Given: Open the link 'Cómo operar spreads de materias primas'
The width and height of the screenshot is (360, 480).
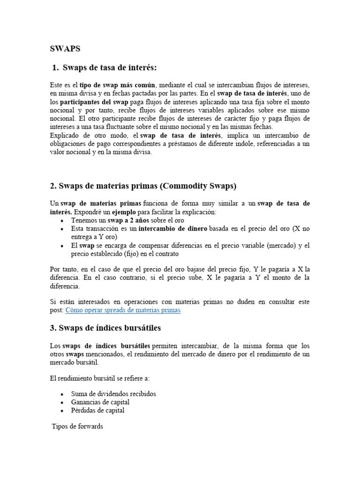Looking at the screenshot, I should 123,310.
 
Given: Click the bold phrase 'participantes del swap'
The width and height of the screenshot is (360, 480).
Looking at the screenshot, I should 94,102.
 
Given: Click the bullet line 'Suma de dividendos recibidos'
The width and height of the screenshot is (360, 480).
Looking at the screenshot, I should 113,394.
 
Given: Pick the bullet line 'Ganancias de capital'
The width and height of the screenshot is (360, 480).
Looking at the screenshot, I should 100,402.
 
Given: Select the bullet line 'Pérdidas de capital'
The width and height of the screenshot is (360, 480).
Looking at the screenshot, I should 97,411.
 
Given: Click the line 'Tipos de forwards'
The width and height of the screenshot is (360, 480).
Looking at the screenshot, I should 77,427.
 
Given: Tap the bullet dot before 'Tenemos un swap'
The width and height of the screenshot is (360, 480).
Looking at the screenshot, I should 62,221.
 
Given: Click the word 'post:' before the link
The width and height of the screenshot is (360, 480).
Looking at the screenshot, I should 56,310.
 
